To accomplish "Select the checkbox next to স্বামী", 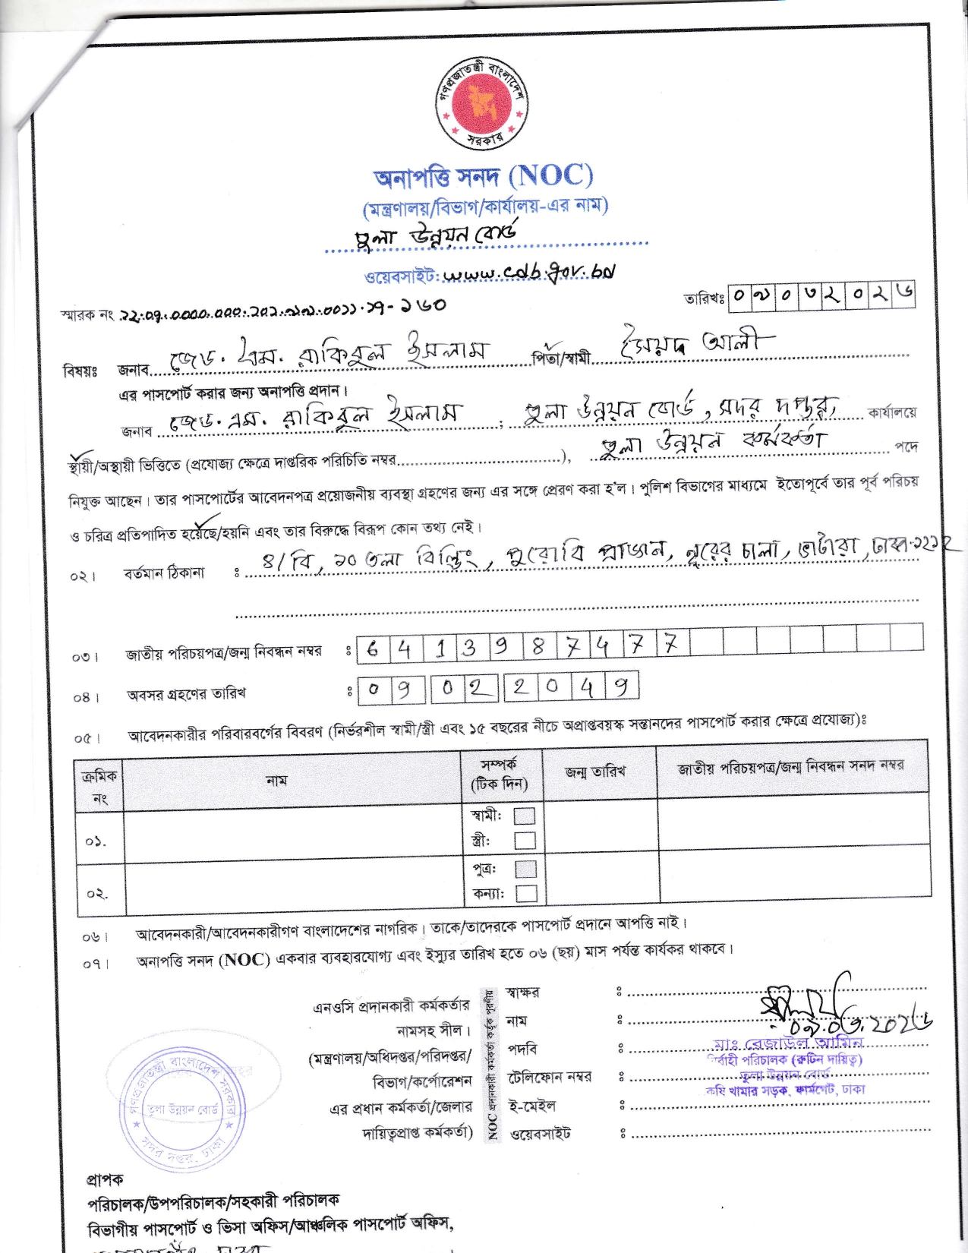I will point(525,816).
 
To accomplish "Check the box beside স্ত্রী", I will point(525,840).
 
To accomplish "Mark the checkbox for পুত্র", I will point(525,869).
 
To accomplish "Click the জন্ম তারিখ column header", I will point(595,772).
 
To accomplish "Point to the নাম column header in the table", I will point(276,780).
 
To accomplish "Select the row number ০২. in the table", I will point(96,894).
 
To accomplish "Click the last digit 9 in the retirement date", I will point(622,688).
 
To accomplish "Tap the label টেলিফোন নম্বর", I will point(550,1077).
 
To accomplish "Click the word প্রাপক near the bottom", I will point(105,1180).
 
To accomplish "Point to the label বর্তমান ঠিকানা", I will point(163,573).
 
